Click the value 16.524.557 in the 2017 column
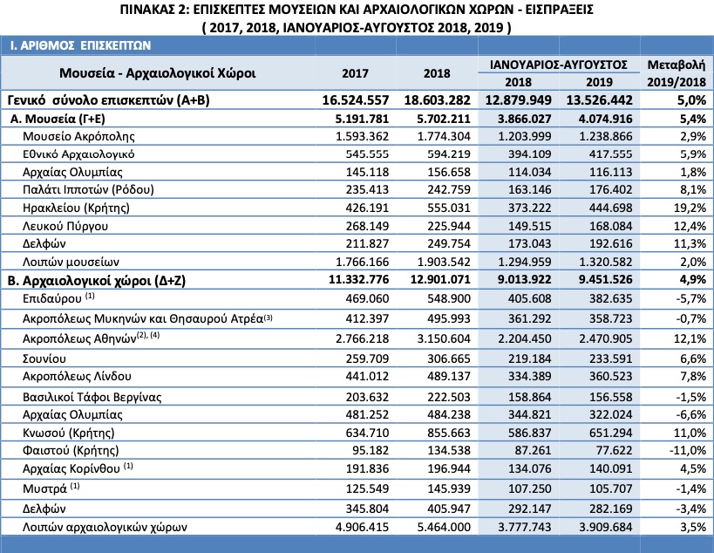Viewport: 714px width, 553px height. tap(356, 100)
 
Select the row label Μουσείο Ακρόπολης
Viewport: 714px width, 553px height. tap(78, 136)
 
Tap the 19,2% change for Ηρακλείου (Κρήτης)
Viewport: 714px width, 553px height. tap(690, 208)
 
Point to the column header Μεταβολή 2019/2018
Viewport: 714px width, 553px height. tap(677, 73)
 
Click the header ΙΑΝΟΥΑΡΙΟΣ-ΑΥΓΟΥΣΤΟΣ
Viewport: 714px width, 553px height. tap(559, 65)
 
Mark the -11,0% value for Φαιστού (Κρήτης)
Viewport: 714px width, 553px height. tap(688, 450)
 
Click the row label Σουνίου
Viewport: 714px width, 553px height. tap(44, 359)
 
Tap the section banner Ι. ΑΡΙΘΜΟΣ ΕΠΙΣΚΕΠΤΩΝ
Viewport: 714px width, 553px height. tap(80, 45)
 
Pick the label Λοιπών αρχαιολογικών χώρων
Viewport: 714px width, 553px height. tap(105, 528)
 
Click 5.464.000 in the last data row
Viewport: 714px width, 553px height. tap(444, 528)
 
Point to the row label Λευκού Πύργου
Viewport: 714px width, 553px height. tap(65, 226)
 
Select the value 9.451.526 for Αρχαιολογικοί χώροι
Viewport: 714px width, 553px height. tap(606, 279)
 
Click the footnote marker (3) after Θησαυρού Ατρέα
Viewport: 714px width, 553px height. tap(268, 317)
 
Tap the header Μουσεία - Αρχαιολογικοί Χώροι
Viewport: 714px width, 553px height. tap(158, 73)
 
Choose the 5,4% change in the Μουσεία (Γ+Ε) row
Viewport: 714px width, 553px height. tap(692, 119)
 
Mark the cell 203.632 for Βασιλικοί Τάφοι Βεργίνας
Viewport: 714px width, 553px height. tap(368, 397)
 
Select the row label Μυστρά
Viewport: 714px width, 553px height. tap(44, 488)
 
